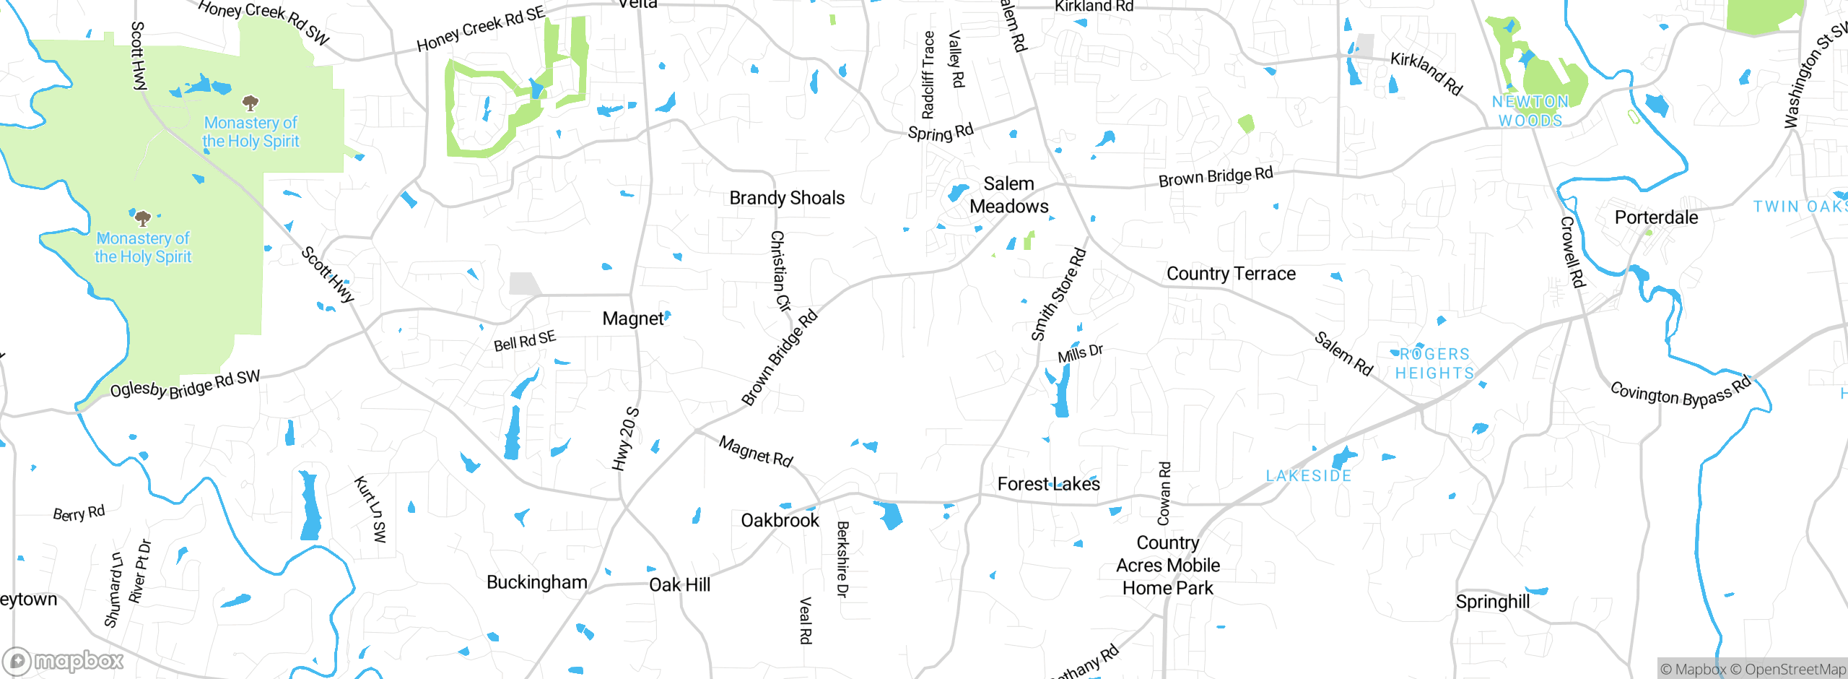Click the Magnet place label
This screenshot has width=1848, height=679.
[632, 319]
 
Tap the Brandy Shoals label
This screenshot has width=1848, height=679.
[787, 198]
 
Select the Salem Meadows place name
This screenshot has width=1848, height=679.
[1008, 195]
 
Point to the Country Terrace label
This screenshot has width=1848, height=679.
[1231, 274]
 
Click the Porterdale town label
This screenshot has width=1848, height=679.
[1656, 217]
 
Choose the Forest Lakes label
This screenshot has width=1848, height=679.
[1048, 484]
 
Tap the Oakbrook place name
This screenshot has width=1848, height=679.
[780, 520]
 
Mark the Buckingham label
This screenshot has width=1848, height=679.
[536, 582]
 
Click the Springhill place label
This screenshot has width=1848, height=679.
[1492, 602]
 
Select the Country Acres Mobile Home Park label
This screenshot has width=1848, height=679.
[1167, 565]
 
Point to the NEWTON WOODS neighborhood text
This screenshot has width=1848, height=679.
[1530, 111]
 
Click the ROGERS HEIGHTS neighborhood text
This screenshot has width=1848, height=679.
[1434, 363]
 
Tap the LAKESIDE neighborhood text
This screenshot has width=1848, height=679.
[1308, 476]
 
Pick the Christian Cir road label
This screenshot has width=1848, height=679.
[780, 271]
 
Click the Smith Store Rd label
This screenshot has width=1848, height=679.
[1058, 295]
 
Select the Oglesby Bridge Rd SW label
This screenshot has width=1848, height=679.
[185, 384]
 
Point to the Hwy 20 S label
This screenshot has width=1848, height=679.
[625, 439]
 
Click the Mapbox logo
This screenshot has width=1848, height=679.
[64, 661]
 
